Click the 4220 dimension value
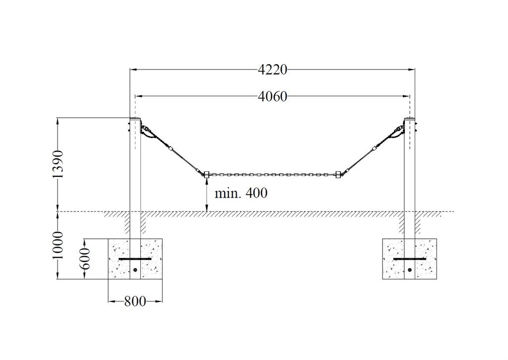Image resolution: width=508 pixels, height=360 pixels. [x=272, y=70]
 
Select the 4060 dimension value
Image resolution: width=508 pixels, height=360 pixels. [x=272, y=96]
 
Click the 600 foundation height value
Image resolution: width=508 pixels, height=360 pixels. [x=85, y=259]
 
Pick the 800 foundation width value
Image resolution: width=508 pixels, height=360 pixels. [x=135, y=301]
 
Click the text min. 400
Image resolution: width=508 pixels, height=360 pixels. [x=241, y=193]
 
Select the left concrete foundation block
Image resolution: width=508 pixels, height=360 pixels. [x=135, y=259]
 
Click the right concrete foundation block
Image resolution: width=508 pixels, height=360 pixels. [x=409, y=259]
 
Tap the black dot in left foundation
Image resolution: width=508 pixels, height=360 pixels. [x=135, y=270]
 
